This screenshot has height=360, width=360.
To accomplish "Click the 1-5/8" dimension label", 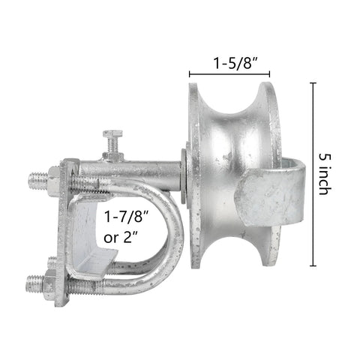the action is point(235,62).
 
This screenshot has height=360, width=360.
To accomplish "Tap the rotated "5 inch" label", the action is point(325,174).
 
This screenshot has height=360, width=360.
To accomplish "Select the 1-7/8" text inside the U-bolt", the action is point(127,217).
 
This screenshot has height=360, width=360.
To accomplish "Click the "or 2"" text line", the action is point(121,238).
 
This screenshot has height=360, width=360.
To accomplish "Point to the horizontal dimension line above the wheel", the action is point(229,74).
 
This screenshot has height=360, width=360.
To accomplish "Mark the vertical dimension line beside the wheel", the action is point(313,174).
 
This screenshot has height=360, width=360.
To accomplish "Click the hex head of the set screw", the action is point(112,133).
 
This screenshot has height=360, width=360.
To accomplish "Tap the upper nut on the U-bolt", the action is point(53,181).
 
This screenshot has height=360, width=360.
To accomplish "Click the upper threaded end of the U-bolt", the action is point(37,181).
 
